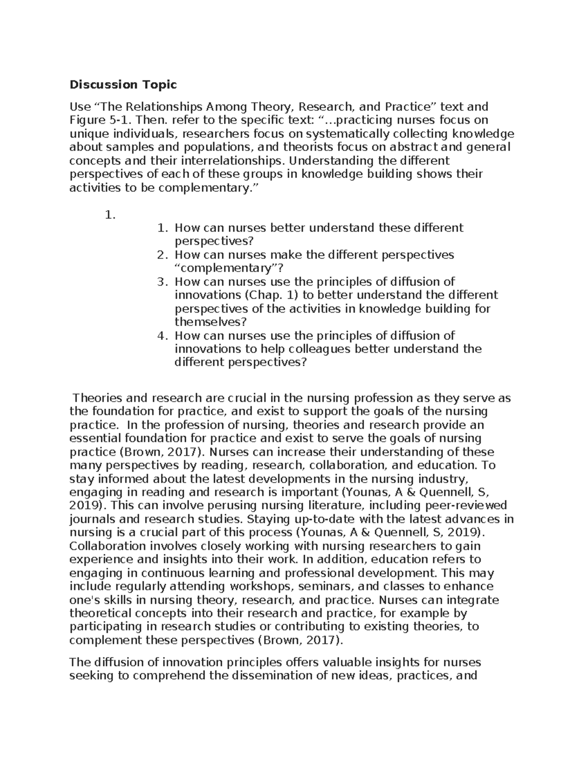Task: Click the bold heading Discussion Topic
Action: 122,85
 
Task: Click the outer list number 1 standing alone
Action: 110,215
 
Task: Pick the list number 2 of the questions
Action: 162,255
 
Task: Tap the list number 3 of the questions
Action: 162,282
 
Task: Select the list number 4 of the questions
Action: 162,336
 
